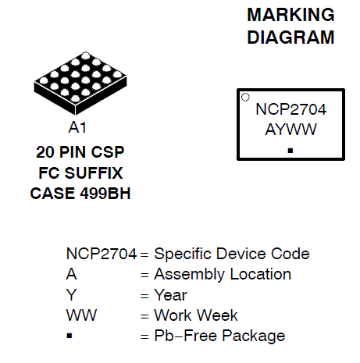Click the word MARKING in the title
290,15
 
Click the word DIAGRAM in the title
290,37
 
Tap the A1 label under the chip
77,127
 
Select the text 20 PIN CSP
80,152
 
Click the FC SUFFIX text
80,173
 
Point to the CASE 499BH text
80,194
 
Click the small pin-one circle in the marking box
245,97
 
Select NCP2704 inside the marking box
290,109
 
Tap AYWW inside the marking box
290,130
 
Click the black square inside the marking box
290,151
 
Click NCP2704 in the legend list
102,254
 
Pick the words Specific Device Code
232,254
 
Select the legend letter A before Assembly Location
72,274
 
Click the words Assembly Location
223,275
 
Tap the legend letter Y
71,295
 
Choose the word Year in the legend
170,295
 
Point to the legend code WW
81,315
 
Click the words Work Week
196,315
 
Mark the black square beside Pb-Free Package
70,336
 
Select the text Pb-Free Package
219,336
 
